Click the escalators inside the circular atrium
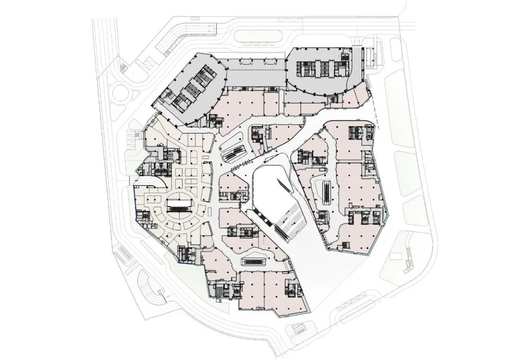pos(179,205)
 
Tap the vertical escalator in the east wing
pos(326,190)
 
